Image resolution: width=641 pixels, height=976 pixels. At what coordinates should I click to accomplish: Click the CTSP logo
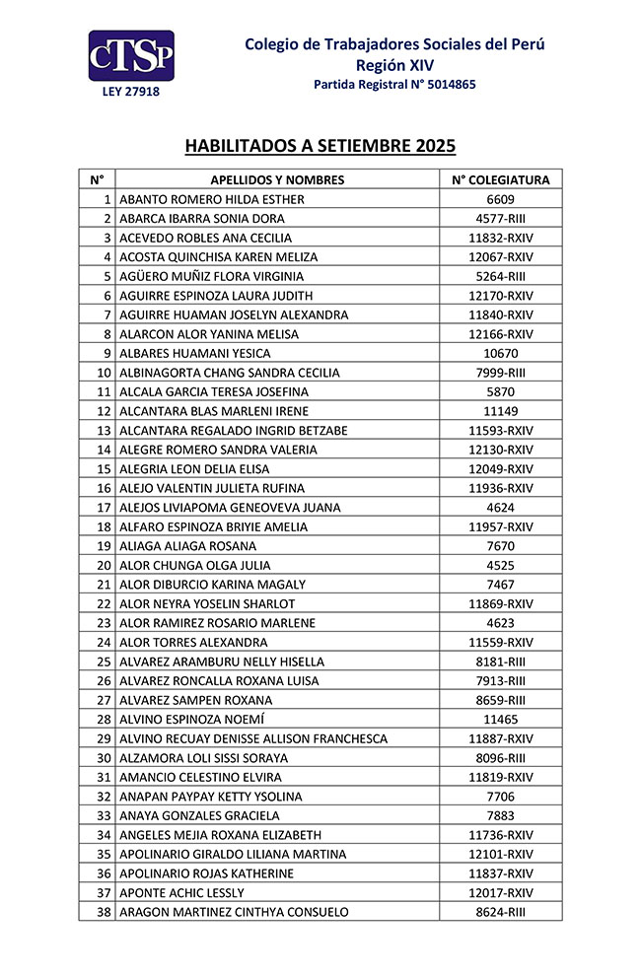131,56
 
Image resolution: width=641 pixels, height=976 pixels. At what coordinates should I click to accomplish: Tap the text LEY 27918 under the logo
131,92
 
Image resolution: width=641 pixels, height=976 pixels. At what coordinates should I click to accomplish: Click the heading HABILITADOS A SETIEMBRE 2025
320,146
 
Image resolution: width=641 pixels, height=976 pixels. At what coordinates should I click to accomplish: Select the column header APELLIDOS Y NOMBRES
277,180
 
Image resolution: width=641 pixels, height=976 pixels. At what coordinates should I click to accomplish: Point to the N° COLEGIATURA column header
500,180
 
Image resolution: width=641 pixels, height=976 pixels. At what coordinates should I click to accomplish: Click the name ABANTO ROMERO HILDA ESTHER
212,199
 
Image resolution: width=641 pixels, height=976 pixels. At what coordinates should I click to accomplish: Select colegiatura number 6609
500,199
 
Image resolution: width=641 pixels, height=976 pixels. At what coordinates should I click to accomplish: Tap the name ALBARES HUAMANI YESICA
194,353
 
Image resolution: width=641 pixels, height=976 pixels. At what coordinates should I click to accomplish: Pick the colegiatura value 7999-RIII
500,373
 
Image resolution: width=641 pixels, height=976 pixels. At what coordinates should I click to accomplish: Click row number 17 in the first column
104,508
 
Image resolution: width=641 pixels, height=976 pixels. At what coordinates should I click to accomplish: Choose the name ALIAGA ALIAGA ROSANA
187,546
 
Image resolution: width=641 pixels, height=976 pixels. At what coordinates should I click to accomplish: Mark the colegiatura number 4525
500,566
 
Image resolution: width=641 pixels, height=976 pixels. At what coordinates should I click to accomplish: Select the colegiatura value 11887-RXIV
500,738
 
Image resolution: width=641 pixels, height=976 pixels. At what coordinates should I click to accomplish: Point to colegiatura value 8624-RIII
500,912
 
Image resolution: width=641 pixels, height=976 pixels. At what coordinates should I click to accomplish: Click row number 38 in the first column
104,912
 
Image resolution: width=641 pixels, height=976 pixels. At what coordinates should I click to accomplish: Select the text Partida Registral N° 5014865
394,85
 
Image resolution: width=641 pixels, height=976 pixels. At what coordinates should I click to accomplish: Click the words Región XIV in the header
394,65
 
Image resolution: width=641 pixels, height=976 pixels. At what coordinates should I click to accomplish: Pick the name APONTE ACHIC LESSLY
181,892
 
